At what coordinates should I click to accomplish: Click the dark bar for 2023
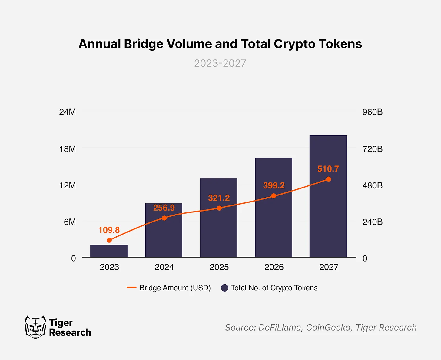tap(109, 251)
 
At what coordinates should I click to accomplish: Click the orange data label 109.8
tap(109, 230)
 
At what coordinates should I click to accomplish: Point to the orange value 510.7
tap(328, 169)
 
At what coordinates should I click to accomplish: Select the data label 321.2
tap(219, 198)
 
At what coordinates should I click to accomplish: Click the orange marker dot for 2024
tap(164, 218)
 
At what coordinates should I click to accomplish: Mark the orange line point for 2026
tap(274, 196)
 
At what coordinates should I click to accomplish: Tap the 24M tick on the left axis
tap(68, 112)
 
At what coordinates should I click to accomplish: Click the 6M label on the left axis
tap(70, 222)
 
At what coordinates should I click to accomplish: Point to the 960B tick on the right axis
tap(372, 112)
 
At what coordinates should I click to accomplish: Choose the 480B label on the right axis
tap(372, 185)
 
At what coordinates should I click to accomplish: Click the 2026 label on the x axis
tap(274, 267)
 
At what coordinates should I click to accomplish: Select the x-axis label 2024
tap(164, 267)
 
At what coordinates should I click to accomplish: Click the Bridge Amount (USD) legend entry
tap(175, 288)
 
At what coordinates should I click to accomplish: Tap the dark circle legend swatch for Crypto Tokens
tap(224, 288)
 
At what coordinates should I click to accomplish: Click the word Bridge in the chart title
tap(144, 44)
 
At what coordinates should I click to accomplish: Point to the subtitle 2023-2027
tap(220, 63)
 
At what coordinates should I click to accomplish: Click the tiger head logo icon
tap(35, 327)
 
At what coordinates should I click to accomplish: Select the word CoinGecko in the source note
tap(328, 328)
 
